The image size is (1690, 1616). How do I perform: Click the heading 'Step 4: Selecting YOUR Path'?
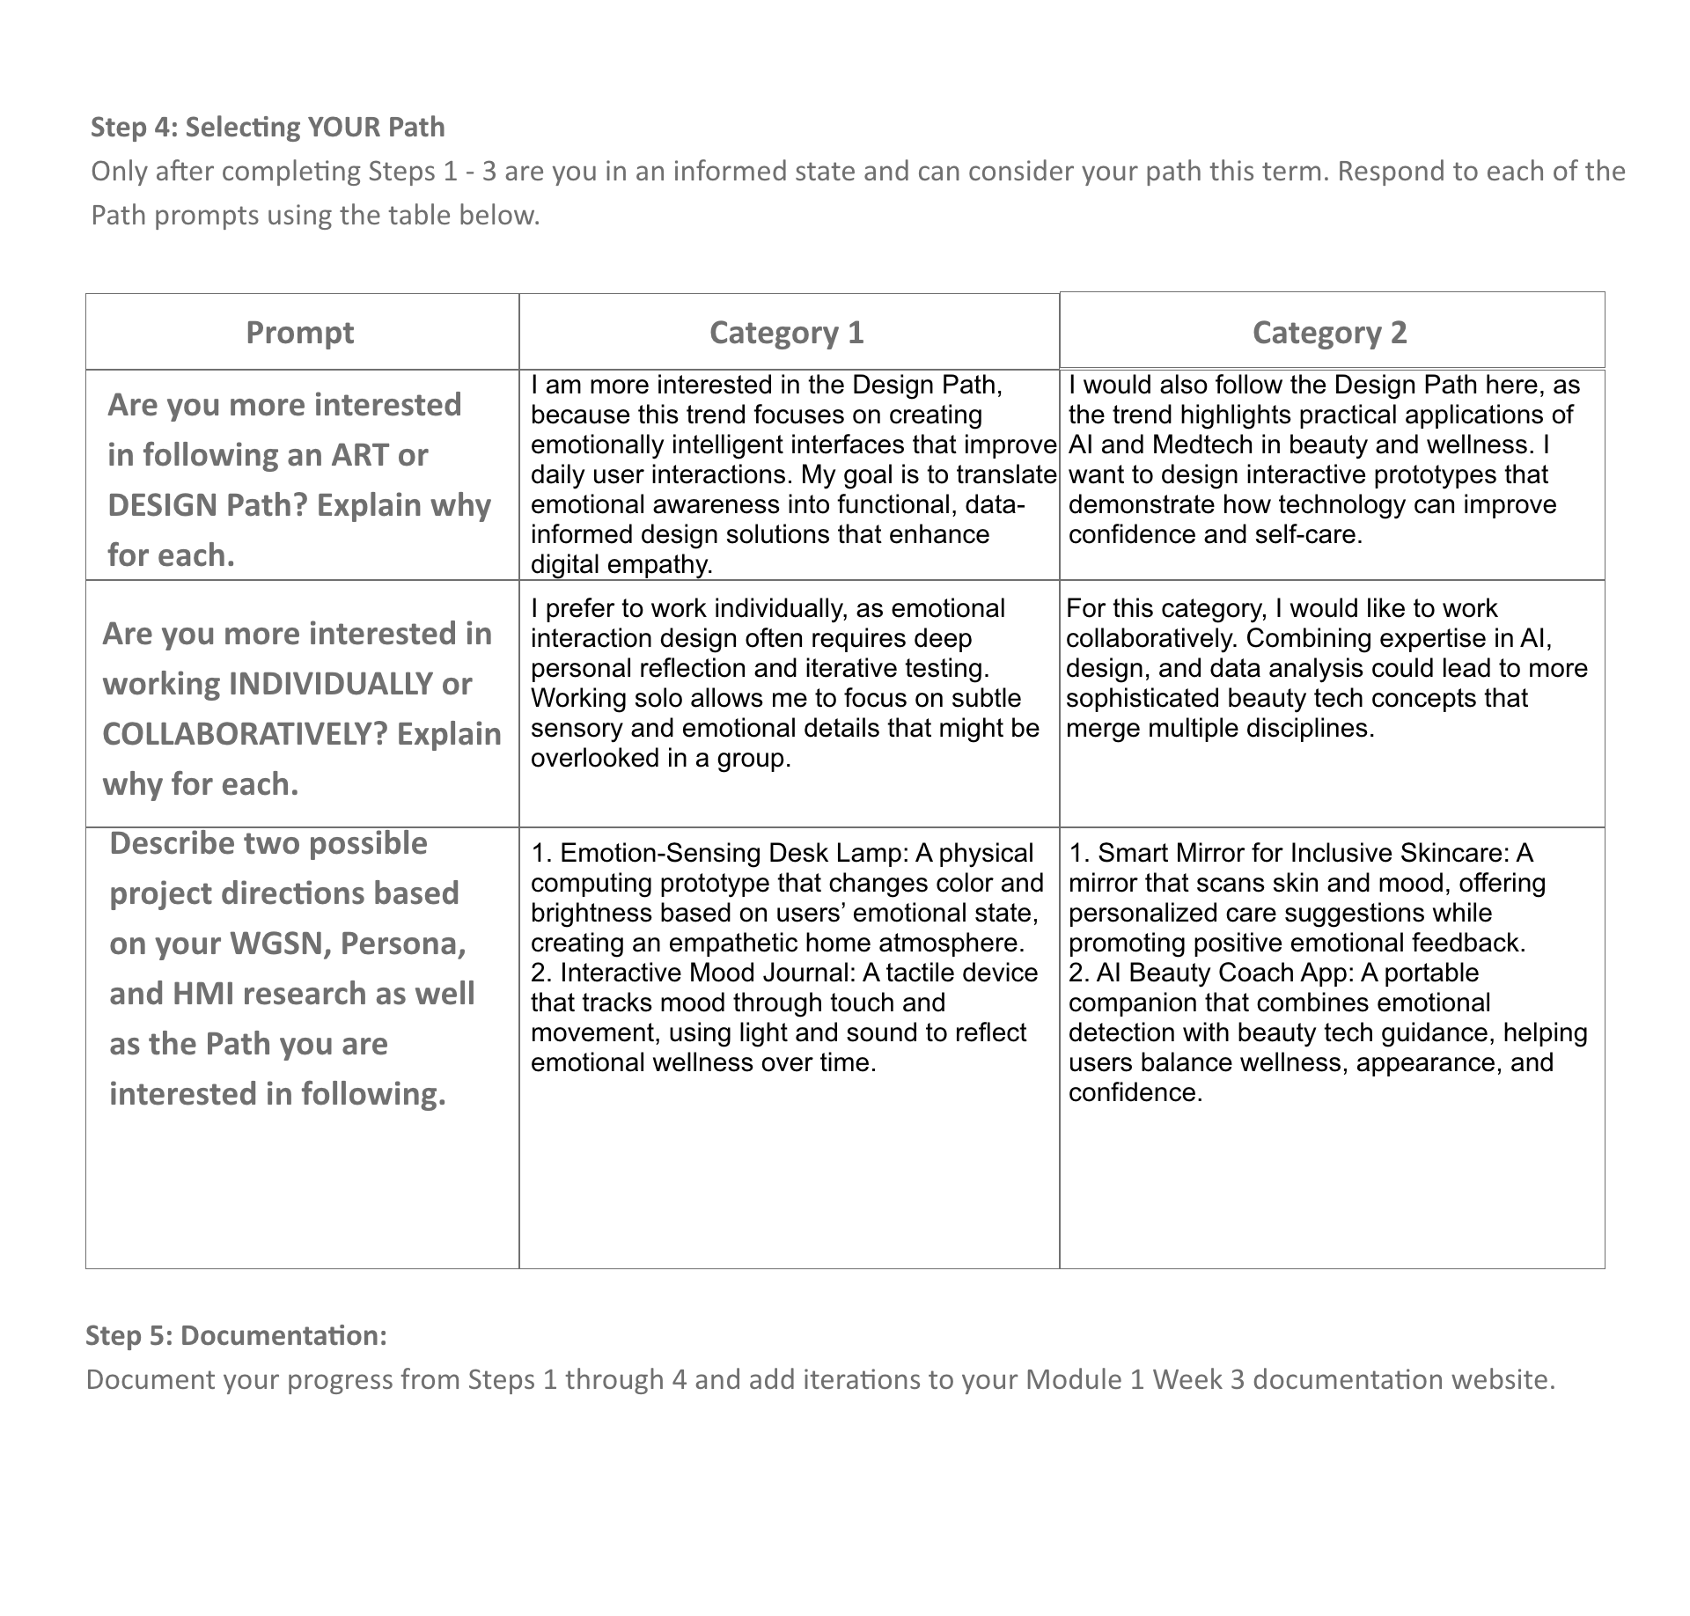click(x=268, y=128)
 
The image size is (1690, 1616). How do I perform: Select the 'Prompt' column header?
click(x=299, y=333)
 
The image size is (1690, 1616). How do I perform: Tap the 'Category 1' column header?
click(x=786, y=333)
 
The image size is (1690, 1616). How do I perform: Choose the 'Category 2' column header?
click(x=1329, y=333)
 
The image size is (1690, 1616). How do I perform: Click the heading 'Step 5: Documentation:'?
click(x=236, y=1335)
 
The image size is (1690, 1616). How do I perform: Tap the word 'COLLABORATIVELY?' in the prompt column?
click(x=239, y=734)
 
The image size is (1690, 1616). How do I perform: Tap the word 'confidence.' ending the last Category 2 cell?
click(x=1135, y=1092)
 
